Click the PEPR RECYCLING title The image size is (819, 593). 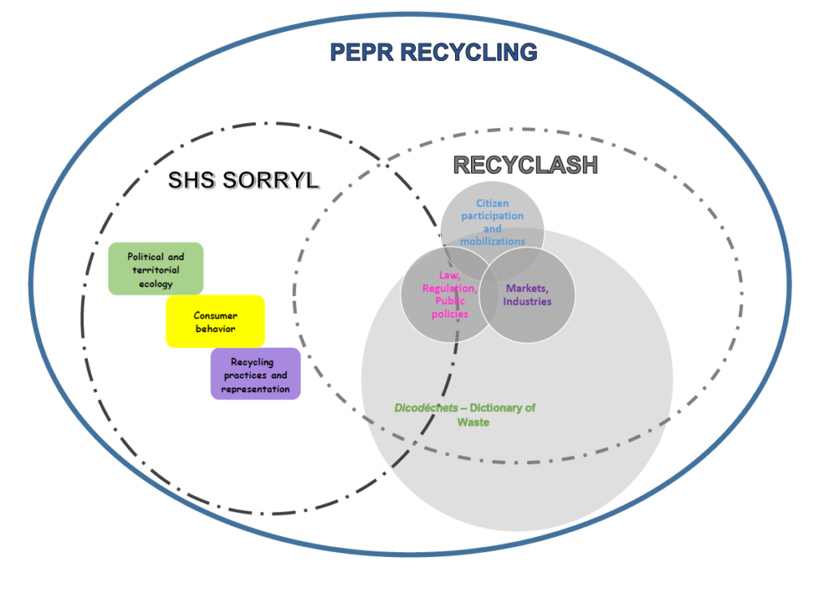(433, 53)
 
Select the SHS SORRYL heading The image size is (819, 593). (242, 181)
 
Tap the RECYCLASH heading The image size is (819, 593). (525, 165)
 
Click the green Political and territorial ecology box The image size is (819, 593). (156, 270)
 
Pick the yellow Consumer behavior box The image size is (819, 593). (215, 322)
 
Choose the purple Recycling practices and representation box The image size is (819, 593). (255, 374)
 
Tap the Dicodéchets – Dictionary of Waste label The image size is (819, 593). (464, 415)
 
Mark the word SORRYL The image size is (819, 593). (279, 181)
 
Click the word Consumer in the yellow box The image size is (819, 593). (215, 315)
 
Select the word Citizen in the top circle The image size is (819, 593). (493, 203)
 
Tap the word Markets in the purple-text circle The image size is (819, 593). (528, 289)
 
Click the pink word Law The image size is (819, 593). (449, 275)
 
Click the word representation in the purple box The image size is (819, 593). (255, 389)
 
